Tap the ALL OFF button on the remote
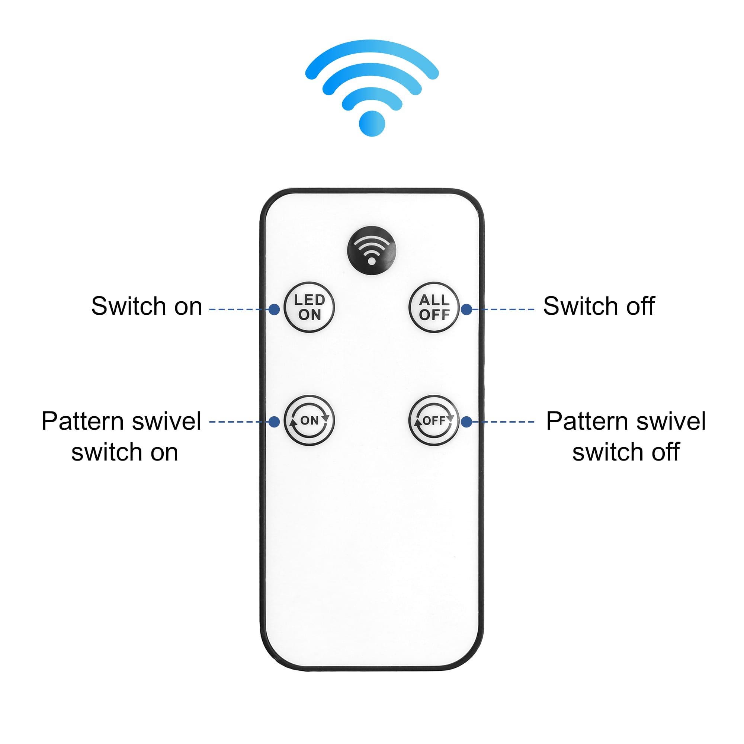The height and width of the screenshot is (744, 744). click(x=434, y=307)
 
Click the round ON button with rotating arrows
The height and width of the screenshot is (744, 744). click(x=309, y=420)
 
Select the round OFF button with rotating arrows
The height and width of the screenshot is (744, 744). click(x=434, y=420)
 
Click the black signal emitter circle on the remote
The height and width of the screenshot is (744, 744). click(x=372, y=250)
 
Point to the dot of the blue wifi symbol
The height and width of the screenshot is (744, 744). click(x=372, y=124)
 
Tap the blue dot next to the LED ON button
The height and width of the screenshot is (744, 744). click(x=274, y=309)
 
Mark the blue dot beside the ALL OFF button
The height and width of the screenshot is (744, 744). click(x=466, y=309)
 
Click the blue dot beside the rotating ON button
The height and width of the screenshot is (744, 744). click(x=274, y=422)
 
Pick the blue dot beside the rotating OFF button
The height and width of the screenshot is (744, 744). click(x=466, y=422)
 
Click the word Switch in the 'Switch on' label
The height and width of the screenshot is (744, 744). click(x=128, y=306)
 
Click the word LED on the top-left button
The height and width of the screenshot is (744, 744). click(x=309, y=300)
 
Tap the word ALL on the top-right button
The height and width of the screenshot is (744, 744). click(x=434, y=300)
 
